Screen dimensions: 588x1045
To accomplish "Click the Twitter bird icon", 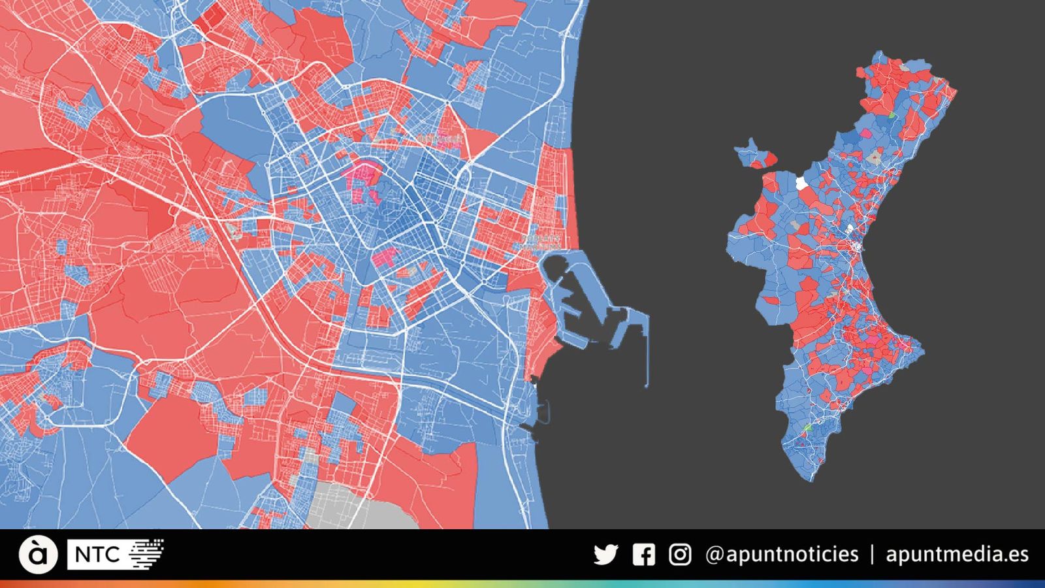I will click(605, 555).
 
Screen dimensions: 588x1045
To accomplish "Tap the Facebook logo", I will click(643, 555).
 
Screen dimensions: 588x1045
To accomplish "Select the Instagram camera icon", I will click(680, 555).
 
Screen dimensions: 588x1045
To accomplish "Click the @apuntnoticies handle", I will click(782, 555).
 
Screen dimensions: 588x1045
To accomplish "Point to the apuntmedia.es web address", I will click(957, 555).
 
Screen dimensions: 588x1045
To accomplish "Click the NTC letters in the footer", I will click(97, 555).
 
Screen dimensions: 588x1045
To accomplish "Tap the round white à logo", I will click(38, 555).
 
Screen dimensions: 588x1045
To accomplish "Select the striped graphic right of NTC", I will click(146, 554).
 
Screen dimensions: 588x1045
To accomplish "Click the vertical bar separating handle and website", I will click(873, 555).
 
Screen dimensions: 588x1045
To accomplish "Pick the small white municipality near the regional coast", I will click(850, 229).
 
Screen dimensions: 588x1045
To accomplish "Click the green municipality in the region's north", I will click(892, 114).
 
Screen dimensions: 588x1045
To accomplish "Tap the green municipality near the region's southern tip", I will click(807, 427).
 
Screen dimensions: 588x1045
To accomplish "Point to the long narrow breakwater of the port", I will click(647, 353).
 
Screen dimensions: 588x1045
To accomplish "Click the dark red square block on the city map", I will click(210, 17).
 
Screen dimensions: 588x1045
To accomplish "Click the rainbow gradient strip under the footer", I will click(522, 584).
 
